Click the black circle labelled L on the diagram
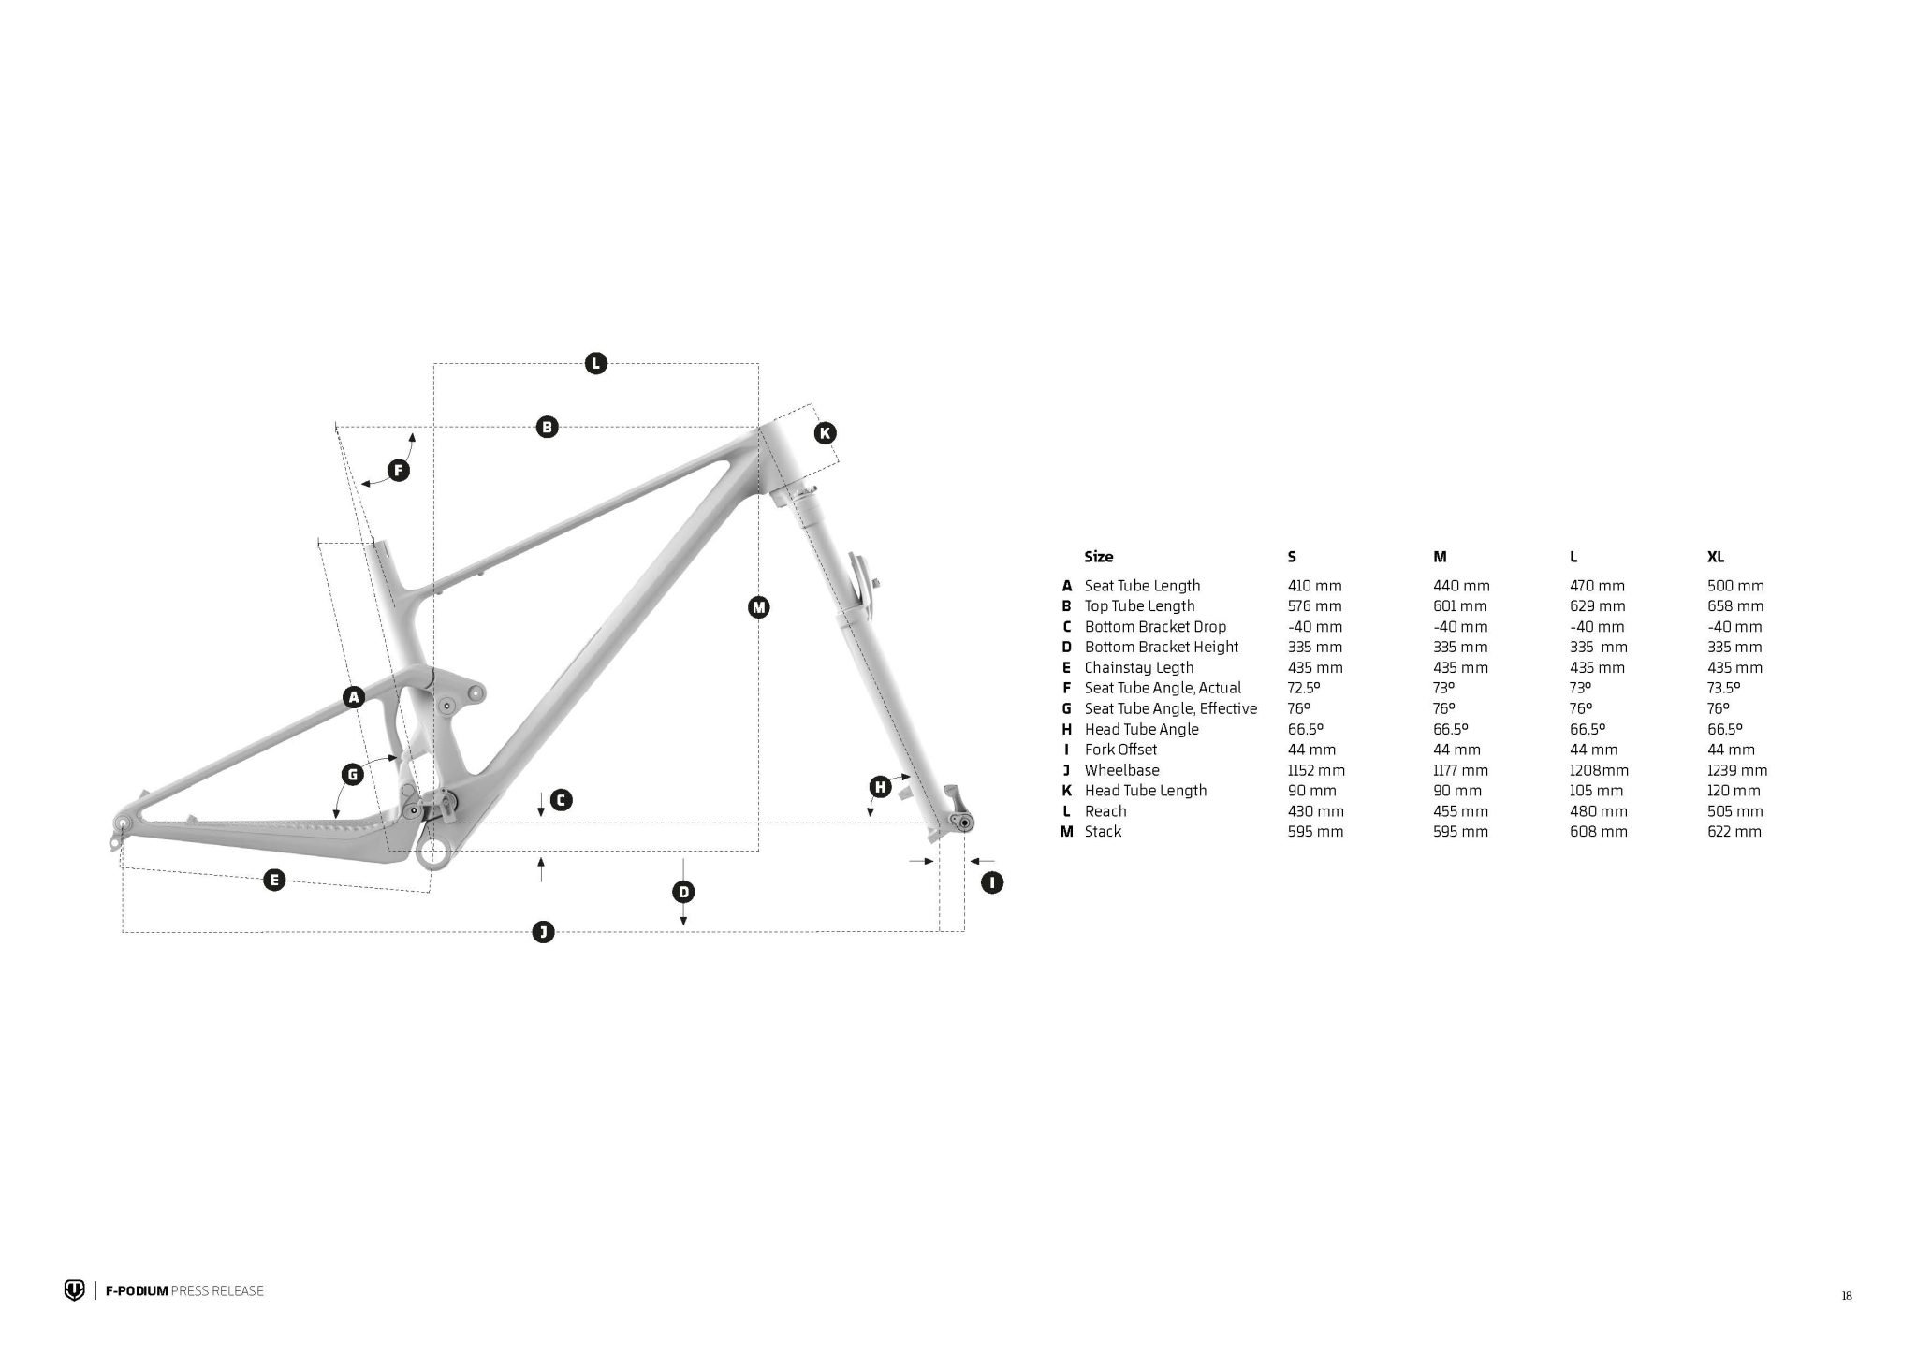point(595,363)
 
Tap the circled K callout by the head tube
point(825,433)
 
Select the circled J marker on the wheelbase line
point(543,931)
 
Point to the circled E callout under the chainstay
point(274,880)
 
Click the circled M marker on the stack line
point(758,608)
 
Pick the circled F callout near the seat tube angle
point(399,471)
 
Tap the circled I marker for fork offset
point(991,882)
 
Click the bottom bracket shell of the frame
point(433,852)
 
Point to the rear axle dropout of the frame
point(121,824)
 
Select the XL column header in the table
point(1715,557)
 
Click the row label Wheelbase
point(1121,770)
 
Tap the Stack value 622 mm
point(1734,831)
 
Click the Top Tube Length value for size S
point(1315,605)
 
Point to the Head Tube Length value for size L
point(1597,791)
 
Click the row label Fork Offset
point(1120,750)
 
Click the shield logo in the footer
point(74,1290)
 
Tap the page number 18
point(1847,1296)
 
